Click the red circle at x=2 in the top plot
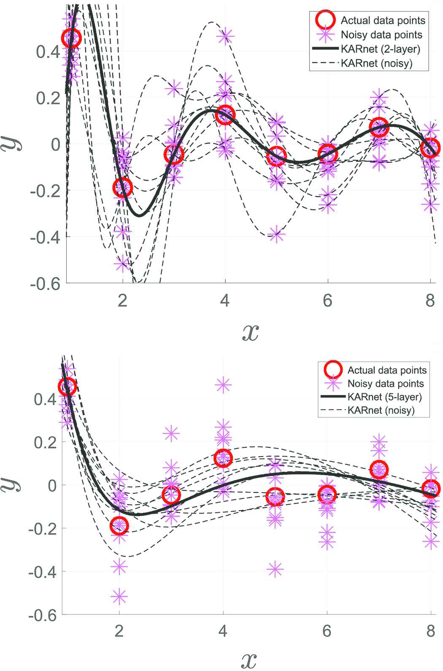(123, 187)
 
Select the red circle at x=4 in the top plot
(225, 115)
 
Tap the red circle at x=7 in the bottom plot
(379, 469)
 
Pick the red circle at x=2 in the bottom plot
(119, 525)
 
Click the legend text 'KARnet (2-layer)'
(381, 49)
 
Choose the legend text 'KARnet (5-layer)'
(384, 397)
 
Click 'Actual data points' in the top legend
(383, 20)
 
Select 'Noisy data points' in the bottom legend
(386, 384)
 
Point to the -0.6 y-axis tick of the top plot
(45, 284)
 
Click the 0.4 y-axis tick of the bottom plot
(45, 399)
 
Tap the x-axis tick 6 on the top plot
(327, 300)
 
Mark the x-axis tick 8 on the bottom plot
(430, 631)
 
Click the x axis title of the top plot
(250, 333)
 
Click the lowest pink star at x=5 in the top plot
(276, 234)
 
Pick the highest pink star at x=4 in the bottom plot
(223, 384)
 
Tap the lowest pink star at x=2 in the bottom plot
(119, 596)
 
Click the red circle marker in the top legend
(325, 20)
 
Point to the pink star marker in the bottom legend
(333, 384)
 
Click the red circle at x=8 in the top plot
(430, 148)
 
